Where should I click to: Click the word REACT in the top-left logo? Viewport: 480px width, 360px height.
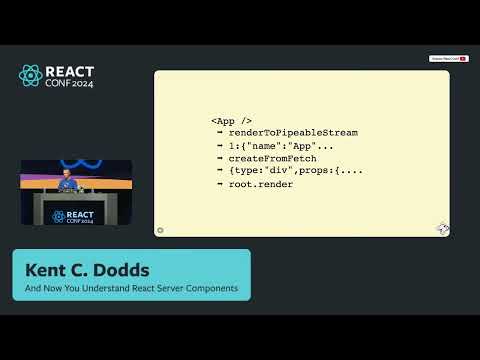71,71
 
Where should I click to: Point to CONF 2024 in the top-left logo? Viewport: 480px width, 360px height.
71,84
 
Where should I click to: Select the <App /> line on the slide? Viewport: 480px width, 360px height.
232,119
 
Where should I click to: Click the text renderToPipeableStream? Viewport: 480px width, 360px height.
293,132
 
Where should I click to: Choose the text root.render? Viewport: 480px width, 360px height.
260,184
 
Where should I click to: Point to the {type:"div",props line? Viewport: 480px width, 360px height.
295,171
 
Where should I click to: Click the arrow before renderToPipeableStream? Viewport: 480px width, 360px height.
219,132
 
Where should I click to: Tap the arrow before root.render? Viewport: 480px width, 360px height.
219,184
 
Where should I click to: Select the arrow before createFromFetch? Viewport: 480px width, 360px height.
219,158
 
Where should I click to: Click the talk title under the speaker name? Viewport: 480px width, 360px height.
131,289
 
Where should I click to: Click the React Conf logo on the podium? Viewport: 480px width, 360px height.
72,215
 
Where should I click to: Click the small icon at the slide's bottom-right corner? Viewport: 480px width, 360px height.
443,229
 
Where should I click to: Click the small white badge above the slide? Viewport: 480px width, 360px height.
449,59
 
